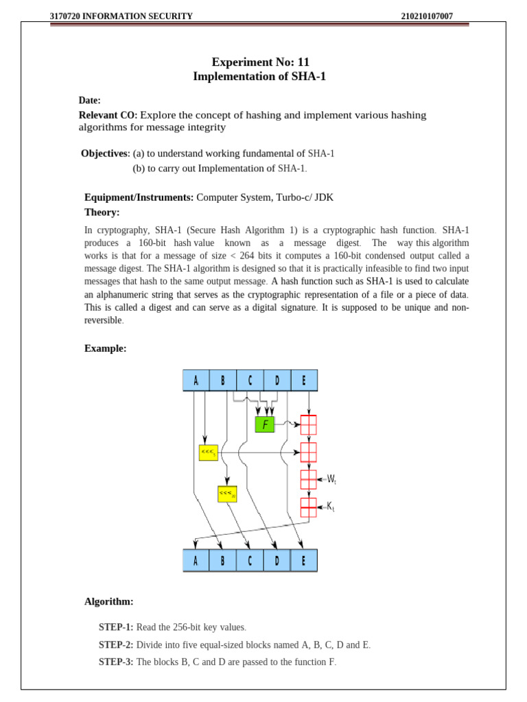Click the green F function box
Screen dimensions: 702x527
pyautogui.click(x=264, y=424)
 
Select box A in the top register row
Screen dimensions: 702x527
pyautogui.click(x=196, y=380)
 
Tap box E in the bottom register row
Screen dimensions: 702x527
pyautogui.click(x=304, y=560)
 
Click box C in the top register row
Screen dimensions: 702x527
pyautogui.click(x=250, y=380)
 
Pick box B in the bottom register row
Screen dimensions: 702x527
pyautogui.click(x=223, y=560)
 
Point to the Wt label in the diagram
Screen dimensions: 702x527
pyautogui.click(x=331, y=479)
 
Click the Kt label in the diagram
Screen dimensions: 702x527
pyautogui.click(x=330, y=507)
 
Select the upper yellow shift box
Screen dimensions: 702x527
pyautogui.click(x=208, y=452)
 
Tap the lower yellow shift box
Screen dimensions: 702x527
pyautogui.click(x=227, y=494)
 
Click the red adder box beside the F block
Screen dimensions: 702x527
pyautogui.click(x=309, y=425)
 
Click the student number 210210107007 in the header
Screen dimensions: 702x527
pyautogui.click(x=427, y=16)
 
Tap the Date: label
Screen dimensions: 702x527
pyautogui.click(x=90, y=100)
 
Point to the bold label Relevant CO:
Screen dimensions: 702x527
pyautogui.click(x=108, y=115)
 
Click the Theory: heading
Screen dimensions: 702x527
pyautogui.click(x=102, y=213)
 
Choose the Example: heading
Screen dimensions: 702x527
pyautogui.click(x=106, y=348)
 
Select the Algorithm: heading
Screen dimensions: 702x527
pyautogui.click(x=109, y=601)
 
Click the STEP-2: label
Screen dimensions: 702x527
pyautogui.click(x=116, y=645)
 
